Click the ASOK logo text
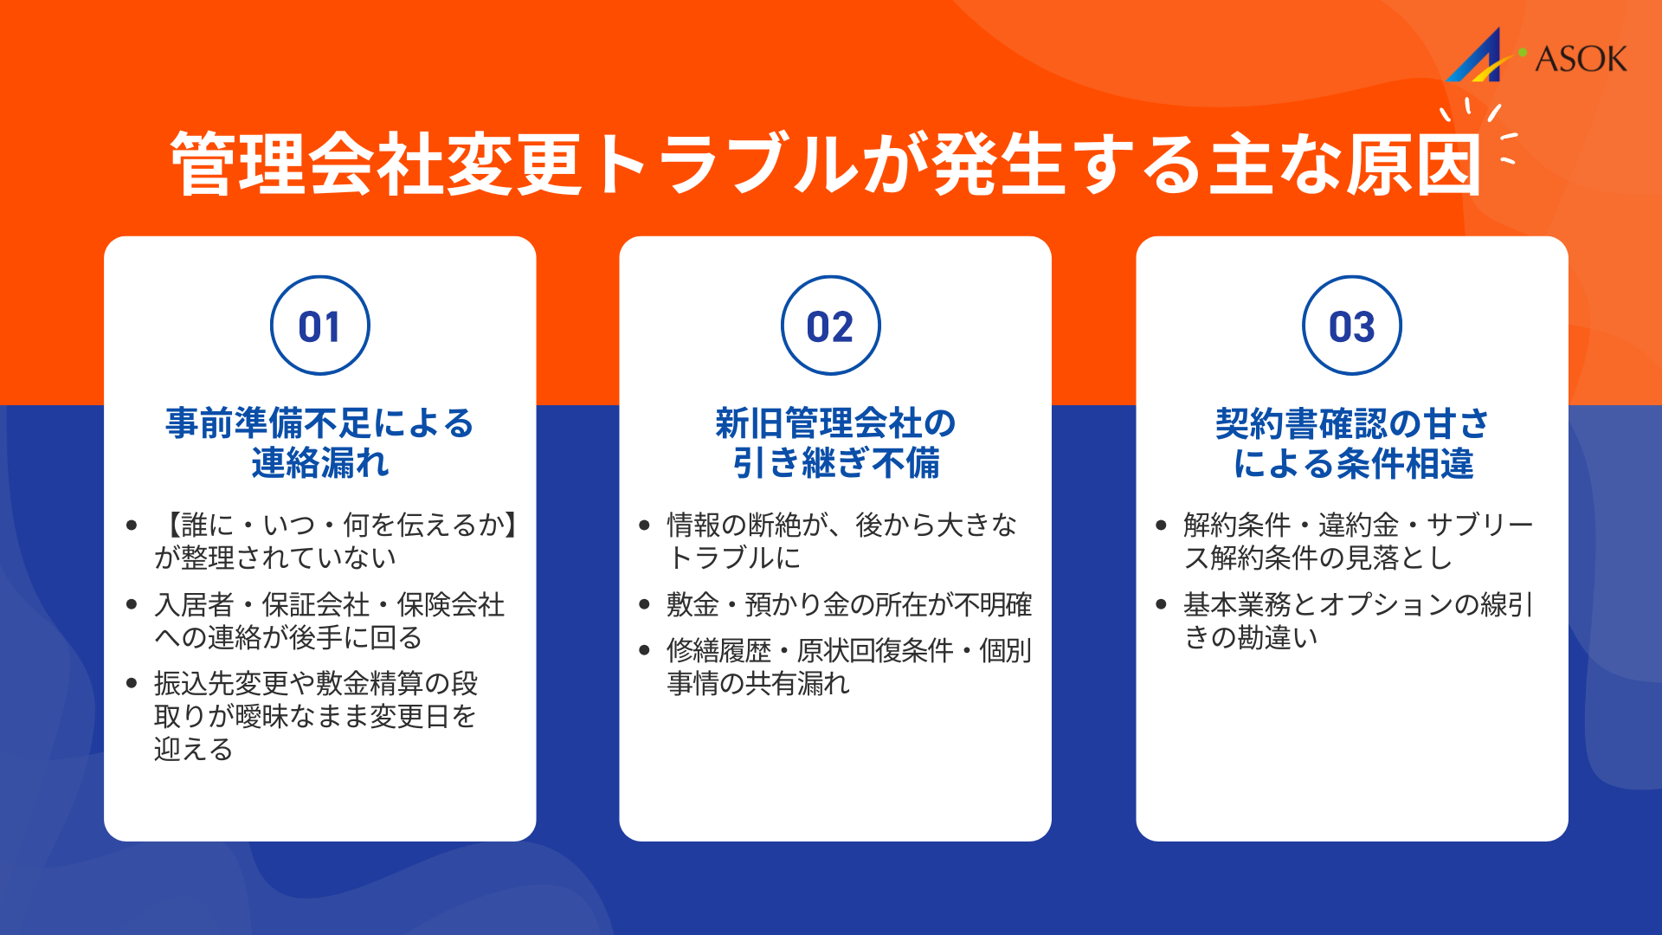click(1581, 59)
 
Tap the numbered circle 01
click(320, 326)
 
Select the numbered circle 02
click(831, 326)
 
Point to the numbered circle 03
click(1351, 326)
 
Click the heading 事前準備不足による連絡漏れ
click(320, 442)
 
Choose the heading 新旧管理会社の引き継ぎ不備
click(835, 442)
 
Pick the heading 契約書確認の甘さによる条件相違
click(1352, 442)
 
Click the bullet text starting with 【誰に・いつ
click(336, 541)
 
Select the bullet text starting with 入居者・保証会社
click(329, 621)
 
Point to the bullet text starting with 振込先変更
click(316, 716)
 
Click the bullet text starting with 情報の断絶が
click(841, 541)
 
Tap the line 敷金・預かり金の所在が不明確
click(848, 604)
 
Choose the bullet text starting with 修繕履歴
click(848, 667)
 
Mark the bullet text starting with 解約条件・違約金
click(1357, 541)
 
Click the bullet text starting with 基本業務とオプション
click(1357, 621)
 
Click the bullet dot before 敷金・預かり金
click(644, 604)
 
